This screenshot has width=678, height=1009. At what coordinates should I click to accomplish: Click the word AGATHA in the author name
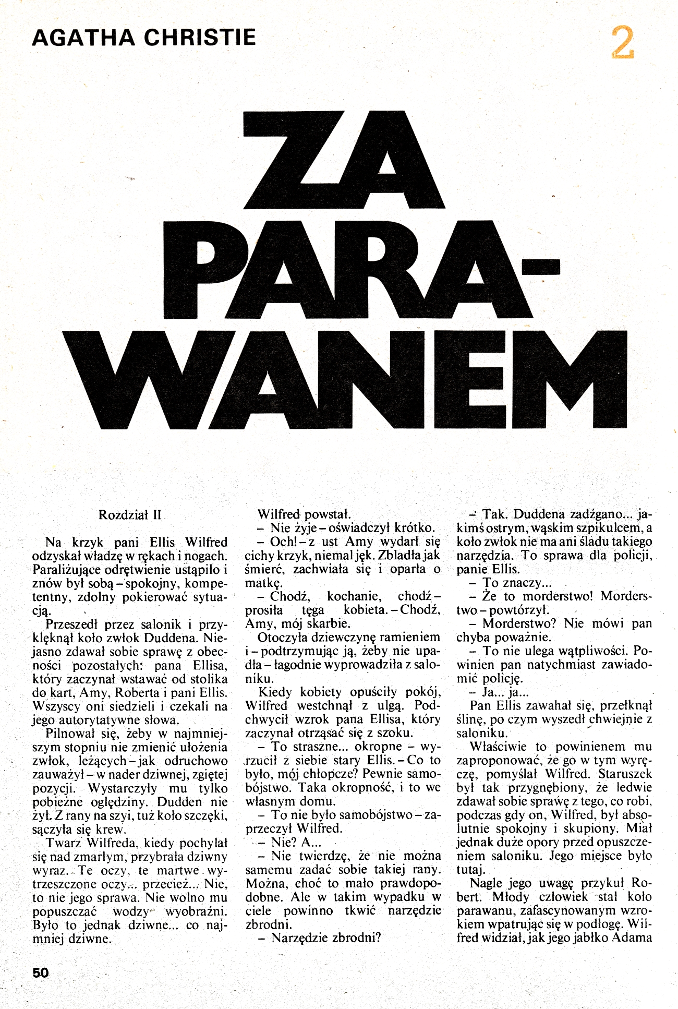[x=83, y=38]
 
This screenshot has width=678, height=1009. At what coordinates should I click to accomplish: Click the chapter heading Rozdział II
[x=130, y=515]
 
